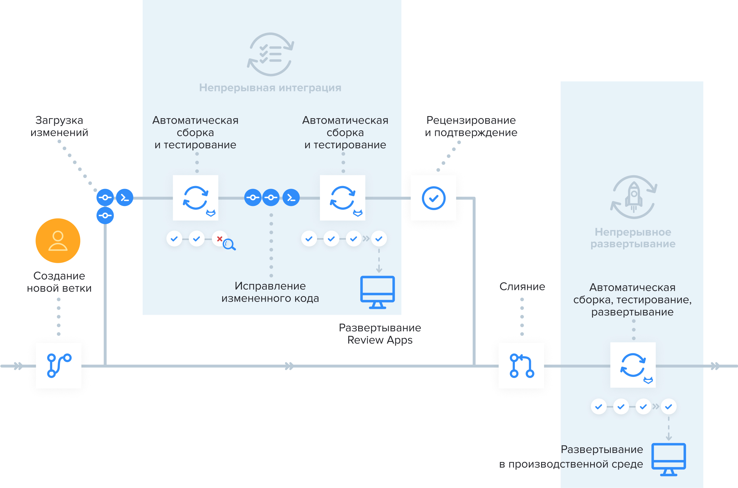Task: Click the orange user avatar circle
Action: pos(58,241)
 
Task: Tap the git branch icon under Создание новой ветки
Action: pos(59,366)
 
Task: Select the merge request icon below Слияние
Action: pos(522,366)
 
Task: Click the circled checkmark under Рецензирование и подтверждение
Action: pos(433,198)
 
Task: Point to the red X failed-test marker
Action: pos(219,239)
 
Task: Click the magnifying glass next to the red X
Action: pos(229,244)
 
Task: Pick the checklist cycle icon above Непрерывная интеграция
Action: pos(270,55)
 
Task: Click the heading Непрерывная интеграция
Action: pos(270,88)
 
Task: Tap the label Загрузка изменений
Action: pos(59,126)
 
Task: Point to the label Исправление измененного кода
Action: pos(270,292)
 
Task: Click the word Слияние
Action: pos(522,286)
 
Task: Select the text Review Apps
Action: pos(380,340)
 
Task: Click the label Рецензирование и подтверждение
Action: pos(471,126)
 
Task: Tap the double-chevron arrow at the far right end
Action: pos(715,366)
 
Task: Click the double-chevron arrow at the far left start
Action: pos(18,366)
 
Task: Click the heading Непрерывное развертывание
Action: pos(633,238)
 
